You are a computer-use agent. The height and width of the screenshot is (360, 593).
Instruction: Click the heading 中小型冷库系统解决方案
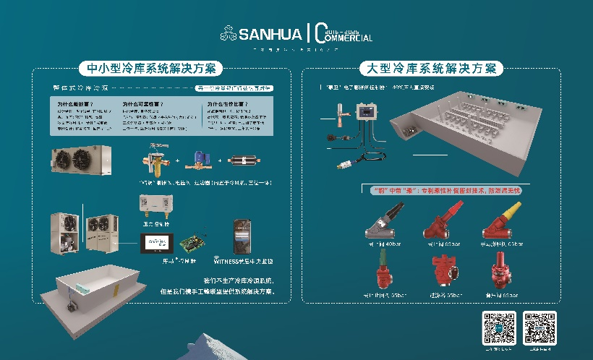(x=150, y=69)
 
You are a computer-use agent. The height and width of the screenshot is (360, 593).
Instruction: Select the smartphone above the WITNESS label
(x=243, y=236)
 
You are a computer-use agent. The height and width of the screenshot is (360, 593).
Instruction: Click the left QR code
(x=500, y=326)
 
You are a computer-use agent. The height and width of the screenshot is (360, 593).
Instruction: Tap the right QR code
(x=539, y=326)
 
